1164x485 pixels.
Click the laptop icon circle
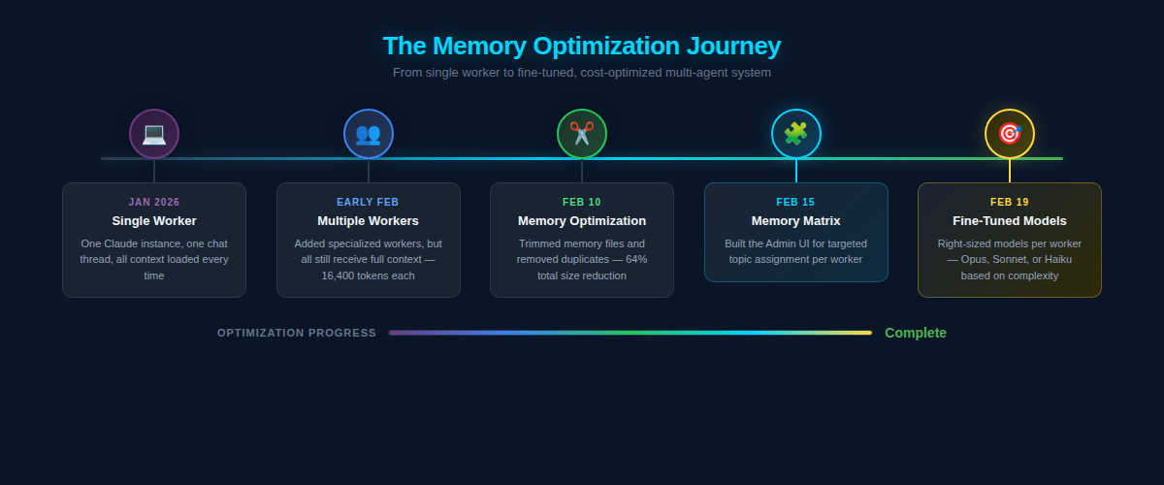pos(154,134)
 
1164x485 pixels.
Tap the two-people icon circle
pos(368,134)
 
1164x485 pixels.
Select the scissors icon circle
pos(582,134)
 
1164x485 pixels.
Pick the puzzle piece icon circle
pos(795,134)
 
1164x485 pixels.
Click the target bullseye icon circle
pos(1009,134)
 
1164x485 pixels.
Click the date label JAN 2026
pos(154,202)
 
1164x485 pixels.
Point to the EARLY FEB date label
pos(368,202)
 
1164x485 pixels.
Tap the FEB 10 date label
pos(582,202)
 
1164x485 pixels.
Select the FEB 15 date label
pos(795,202)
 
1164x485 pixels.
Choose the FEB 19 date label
pos(1009,202)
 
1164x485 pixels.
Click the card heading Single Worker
pos(154,221)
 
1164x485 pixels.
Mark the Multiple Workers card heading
pos(368,221)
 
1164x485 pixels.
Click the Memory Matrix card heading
pos(795,221)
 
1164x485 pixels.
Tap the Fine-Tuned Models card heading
pos(1009,221)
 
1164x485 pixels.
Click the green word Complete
pos(915,333)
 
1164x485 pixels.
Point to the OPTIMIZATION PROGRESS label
pos(297,333)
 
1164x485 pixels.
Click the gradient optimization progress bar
pos(630,333)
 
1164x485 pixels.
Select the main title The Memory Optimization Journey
pos(582,46)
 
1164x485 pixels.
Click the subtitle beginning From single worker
pos(582,73)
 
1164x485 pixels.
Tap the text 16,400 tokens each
pos(368,275)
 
